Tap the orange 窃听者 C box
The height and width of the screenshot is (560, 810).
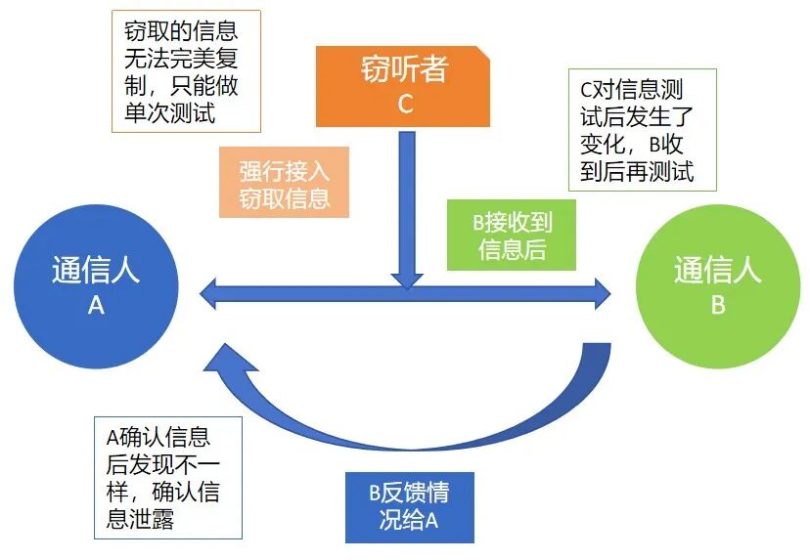pos(403,86)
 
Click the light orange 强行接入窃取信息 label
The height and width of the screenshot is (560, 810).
pos(285,184)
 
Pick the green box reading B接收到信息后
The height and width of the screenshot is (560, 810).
pos(512,236)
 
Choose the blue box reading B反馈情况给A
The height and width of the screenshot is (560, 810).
pos(409,506)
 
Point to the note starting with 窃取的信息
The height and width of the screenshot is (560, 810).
pos(185,71)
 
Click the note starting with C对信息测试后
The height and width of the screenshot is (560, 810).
pos(642,131)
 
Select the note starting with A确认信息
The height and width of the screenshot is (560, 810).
pos(168,476)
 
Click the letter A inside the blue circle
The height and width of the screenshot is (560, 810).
pos(96,306)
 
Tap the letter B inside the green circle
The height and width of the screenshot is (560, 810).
pos(717,306)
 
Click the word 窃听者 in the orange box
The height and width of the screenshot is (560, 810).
pos(403,69)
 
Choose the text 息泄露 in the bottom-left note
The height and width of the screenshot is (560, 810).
pos(141,519)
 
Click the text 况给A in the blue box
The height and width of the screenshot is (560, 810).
pos(408,520)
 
